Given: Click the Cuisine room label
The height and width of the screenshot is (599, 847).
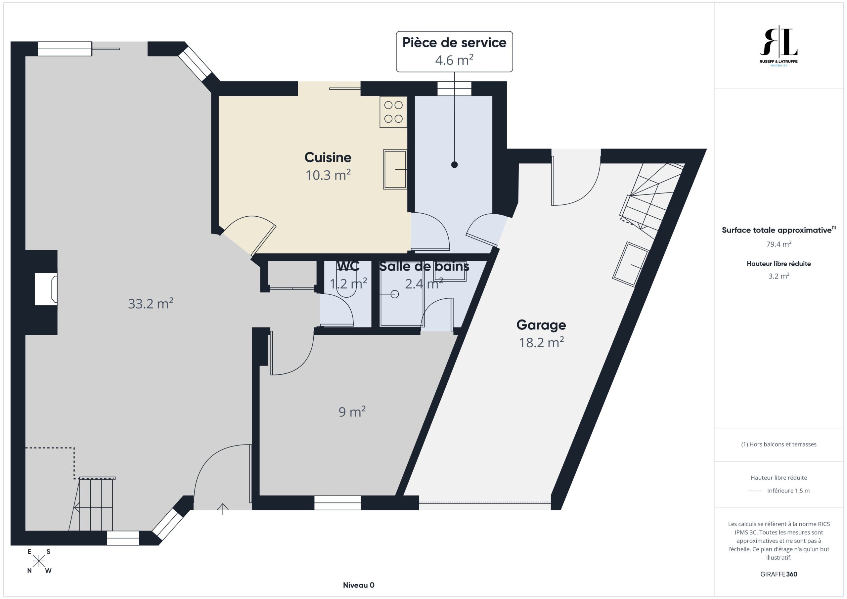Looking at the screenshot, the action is coord(328,157).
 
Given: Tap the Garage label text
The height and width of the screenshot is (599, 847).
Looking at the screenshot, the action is coord(541,325).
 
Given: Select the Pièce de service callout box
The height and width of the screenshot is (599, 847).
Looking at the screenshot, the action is coord(454,52).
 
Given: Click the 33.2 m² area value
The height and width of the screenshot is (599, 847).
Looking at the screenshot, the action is coord(151,304).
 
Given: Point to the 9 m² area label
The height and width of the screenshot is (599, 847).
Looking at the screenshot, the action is coord(352,412).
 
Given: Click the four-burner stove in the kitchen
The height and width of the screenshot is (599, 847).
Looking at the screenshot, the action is coord(393,112).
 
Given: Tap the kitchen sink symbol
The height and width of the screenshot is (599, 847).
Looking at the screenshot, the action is coord(395,169).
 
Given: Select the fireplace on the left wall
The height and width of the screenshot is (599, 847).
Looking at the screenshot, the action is coord(46,289).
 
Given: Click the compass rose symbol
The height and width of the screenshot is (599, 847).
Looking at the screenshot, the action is coord(39,561).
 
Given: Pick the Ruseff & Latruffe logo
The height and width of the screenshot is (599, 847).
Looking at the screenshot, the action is coord(779,46).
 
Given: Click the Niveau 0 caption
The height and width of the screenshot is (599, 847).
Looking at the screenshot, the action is coord(359,585).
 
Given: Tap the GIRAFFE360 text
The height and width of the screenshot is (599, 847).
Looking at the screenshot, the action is coord(779,574).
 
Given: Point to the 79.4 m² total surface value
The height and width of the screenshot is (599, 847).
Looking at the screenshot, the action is coord(779,244).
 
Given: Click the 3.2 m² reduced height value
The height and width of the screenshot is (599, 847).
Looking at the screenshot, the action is coord(779,276).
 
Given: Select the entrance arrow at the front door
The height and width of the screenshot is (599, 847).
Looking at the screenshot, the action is coord(222,509).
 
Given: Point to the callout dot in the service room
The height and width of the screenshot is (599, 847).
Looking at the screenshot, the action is coord(455,165).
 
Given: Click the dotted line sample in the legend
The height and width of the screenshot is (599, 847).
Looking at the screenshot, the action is coord(755,491).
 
